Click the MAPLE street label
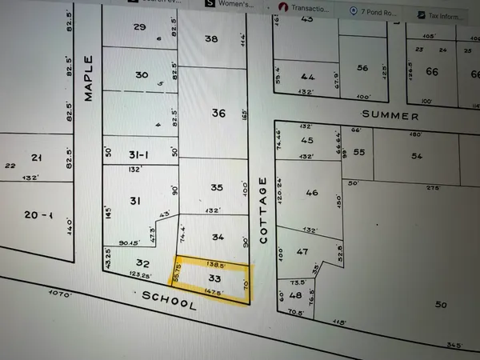click(x=89, y=78)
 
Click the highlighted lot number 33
click(x=214, y=278)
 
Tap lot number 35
click(x=217, y=187)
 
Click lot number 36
click(x=218, y=114)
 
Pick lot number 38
click(x=211, y=38)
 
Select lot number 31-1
click(x=139, y=154)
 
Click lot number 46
click(x=312, y=193)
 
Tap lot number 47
click(x=303, y=251)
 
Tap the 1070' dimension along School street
click(x=60, y=294)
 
